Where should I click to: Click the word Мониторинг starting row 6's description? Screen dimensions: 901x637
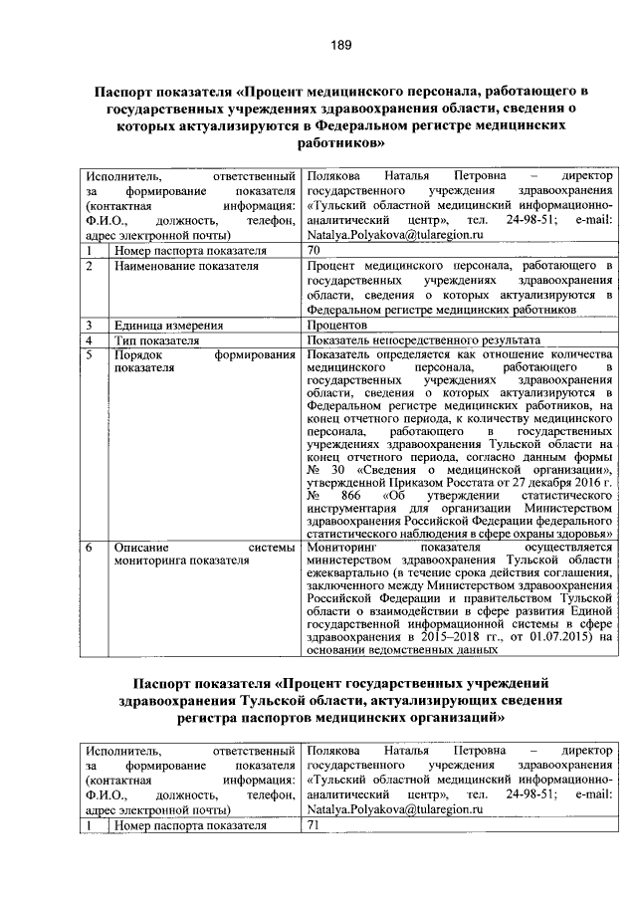[343, 547]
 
